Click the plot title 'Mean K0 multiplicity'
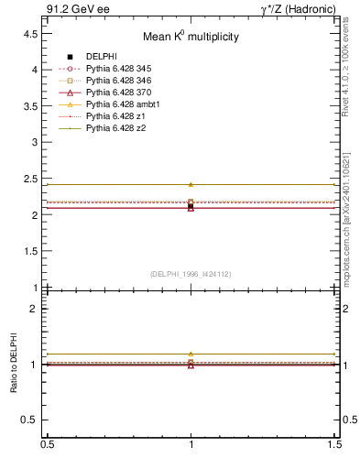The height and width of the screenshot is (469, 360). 191,38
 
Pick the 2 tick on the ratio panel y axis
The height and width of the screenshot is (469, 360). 33,309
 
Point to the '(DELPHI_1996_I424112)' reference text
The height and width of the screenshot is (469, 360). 191,273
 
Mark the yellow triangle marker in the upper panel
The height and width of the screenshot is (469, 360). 191,184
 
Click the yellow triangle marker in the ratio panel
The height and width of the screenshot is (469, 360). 191,354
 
